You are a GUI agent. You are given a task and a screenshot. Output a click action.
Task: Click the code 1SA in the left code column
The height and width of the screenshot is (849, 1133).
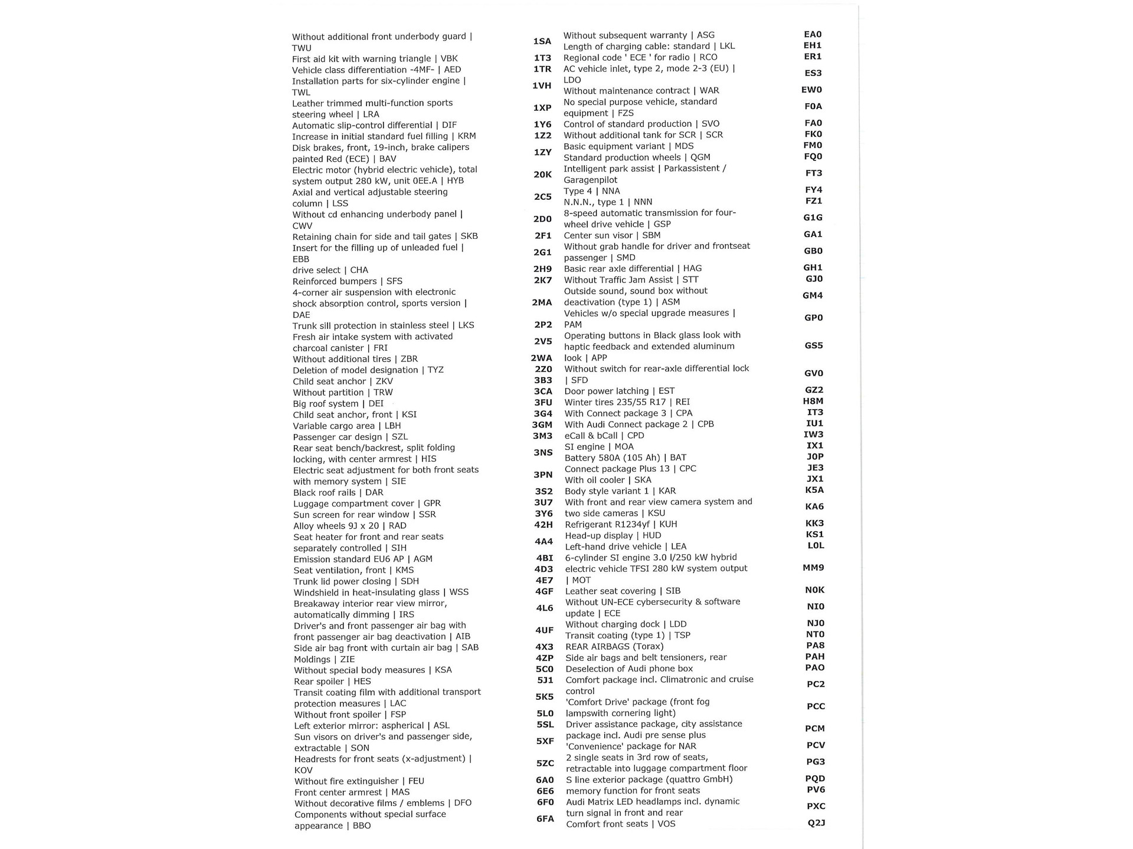point(542,41)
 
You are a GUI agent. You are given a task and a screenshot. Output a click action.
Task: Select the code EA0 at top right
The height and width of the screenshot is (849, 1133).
point(813,34)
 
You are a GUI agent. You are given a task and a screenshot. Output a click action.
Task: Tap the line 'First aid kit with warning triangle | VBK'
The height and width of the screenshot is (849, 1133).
point(375,58)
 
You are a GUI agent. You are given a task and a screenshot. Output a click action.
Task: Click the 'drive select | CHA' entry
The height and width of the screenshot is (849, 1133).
point(330,270)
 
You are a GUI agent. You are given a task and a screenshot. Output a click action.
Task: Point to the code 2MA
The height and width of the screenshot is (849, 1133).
point(542,302)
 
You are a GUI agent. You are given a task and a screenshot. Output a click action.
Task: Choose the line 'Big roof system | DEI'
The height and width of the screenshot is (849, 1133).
point(338,404)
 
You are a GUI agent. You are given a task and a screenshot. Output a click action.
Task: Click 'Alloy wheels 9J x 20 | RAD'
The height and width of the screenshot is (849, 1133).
point(350,526)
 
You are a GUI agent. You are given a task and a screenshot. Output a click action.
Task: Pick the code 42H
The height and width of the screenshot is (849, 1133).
point(543,525)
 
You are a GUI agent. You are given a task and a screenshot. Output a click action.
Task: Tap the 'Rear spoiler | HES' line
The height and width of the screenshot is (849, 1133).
point(332,681)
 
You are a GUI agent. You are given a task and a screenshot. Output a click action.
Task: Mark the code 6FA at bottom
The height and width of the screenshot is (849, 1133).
point(545,819)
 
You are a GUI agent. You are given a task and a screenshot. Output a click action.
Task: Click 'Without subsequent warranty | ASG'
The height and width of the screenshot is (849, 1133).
point(638,35)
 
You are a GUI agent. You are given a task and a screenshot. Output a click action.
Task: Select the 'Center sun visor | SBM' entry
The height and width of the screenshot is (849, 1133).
point(612,235)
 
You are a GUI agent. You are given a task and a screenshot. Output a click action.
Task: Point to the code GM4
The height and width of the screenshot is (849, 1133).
point(813,295)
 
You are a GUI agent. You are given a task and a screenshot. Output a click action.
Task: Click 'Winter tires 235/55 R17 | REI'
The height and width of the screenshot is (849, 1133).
point(627,402)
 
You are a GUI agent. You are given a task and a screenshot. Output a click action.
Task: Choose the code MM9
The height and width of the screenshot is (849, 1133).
point(813,568)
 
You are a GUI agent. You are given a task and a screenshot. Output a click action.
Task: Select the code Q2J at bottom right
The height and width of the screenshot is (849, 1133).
point(816,822)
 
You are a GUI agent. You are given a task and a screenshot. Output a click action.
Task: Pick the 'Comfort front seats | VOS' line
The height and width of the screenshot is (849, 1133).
point(620,824)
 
